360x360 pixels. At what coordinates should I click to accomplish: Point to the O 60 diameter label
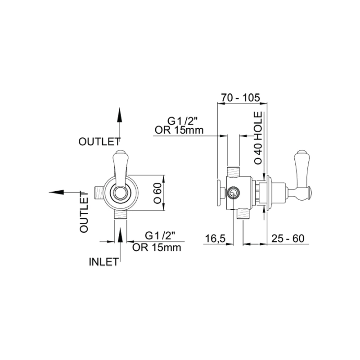pyautogui.click(x=157, y=192)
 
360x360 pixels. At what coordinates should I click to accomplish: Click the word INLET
pyautogui.click(x=104, y=261)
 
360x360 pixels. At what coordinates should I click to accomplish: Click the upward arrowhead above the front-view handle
pyautogui.click(x=120, y=115)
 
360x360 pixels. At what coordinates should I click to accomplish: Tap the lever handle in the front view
pyautogui.click(x=121, y=166)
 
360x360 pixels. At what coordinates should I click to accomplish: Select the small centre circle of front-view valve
pyautogui.click(x=120, y=193)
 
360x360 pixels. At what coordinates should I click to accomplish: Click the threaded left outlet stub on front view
pyautogui.click(x=99, y=192)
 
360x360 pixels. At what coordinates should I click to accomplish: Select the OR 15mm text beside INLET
pyautogui.click(x=157, y=247)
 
